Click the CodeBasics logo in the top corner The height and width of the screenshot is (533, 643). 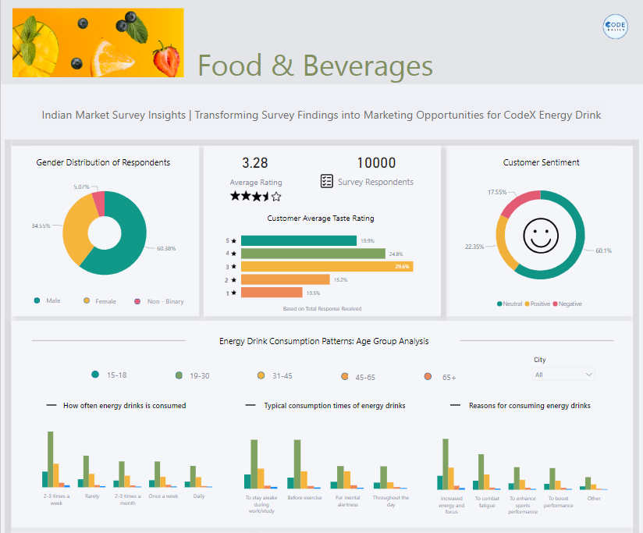[616, 27]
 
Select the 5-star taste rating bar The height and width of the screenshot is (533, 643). [298, 241]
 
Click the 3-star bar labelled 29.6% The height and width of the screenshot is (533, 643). [326, 266]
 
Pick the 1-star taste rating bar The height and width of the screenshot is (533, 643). [271, 292]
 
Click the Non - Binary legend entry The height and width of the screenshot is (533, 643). [159, 301]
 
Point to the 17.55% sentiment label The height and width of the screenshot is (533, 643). [497, 191]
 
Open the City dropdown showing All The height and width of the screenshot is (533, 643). [564, 375]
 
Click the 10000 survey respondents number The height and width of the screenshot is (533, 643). [376, 163]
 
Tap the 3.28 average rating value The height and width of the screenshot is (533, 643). [254, 163]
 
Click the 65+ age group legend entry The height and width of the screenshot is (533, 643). [441, 377]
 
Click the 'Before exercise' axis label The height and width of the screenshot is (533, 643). [305, 497]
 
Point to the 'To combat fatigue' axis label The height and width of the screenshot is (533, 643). [487, 501]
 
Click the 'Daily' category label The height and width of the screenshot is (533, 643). [199, 496]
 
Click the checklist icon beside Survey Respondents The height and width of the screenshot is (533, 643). [327, 181]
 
